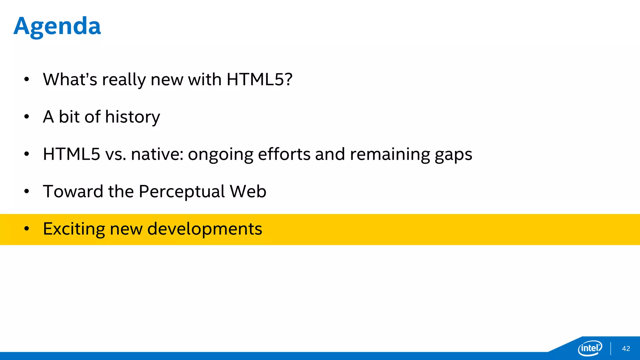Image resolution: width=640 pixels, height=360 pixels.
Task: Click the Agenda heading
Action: [x=57, y=26]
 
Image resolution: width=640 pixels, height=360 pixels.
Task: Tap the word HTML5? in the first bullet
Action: [x=259, y=79]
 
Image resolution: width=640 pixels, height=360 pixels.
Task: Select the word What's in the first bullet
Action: [x=70, y=79]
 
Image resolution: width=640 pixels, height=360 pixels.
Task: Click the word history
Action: [x=132, y=117]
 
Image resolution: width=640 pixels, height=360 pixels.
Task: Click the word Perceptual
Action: [x=182, y=192]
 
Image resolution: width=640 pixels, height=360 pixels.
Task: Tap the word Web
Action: [x=248, y=191]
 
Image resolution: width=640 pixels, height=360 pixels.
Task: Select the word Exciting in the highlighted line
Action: [x=74, y=229]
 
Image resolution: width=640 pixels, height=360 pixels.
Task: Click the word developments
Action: [x=204, y=229]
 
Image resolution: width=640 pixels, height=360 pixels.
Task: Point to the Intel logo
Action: [x=590, y=348]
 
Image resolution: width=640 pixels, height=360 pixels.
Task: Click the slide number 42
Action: [x=626, y=349]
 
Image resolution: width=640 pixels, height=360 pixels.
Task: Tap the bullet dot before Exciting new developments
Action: [x=27, y=229]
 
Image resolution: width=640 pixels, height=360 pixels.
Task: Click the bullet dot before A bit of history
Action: [x=27, y=117]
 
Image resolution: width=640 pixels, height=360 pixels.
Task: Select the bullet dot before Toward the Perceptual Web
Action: [x=27, y=191]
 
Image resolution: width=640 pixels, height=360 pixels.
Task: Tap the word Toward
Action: [x=73, y=191]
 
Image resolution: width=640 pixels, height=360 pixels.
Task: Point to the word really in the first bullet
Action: [x=124, y=80]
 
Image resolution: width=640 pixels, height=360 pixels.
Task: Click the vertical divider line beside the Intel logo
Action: [x=610, y=348]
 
